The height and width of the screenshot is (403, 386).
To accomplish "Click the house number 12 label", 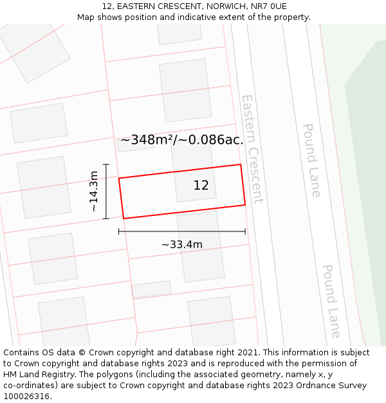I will (x=201, y=186).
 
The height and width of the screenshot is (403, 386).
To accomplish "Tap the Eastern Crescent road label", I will (x=252, y=149).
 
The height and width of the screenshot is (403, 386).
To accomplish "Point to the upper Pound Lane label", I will (x=311, y=161).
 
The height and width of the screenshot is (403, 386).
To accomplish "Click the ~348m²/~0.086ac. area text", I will (x=182, y=140).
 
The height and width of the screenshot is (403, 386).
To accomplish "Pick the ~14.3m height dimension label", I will (x=94, y=192).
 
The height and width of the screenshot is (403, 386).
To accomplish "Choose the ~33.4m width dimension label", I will (x=181, y=244).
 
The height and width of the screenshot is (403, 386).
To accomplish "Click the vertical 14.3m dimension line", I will (x=106, y=192).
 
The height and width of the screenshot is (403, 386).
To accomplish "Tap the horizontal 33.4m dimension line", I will (x=181, y=231).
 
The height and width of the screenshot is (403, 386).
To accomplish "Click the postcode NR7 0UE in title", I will (x=270, y=6).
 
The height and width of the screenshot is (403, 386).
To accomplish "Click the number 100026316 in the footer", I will (x=26, y=397).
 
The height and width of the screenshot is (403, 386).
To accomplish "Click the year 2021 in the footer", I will (x=246, y=353).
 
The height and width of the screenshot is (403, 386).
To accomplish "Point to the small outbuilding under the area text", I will (x=136, y=144).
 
